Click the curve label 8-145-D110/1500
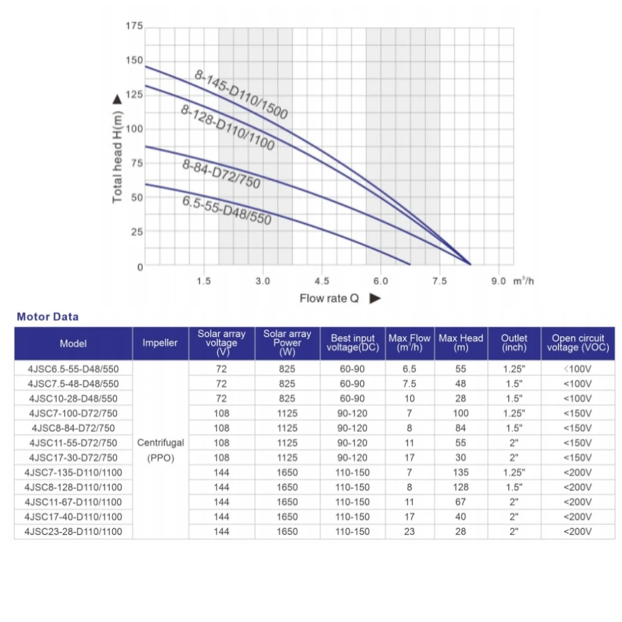coord(241,94)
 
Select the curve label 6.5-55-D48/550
coord(227,210)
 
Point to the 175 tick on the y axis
coord(134,27)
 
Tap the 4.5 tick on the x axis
coord(322,281)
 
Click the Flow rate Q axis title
coord(329,298)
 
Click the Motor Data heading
coord(47,317)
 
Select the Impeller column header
coord(160,344)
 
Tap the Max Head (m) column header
coord(461,344)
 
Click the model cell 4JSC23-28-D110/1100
coord(73,532)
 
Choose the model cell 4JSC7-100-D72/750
coord(73,413)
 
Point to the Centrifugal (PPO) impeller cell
coord(160,450)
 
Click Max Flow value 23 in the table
coord(409,532)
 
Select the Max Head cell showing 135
coord(461,472)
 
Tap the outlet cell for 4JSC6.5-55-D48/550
coord(514,369)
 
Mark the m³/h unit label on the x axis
coord(524,281)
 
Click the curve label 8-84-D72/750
coord(221,173)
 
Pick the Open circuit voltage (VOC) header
coord(577,344)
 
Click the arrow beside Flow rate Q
coord(375,298)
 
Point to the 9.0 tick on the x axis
coord(499,281)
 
